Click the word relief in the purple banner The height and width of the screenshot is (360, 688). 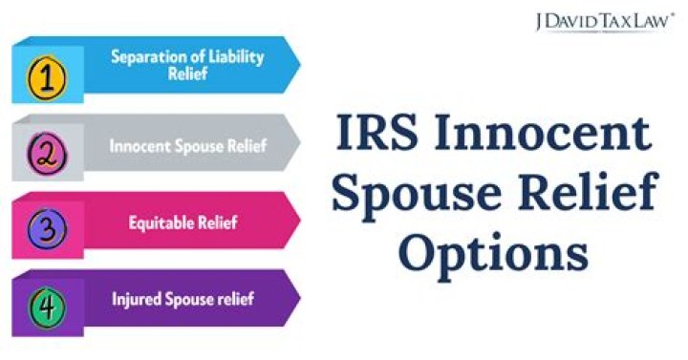pos(234,299)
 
